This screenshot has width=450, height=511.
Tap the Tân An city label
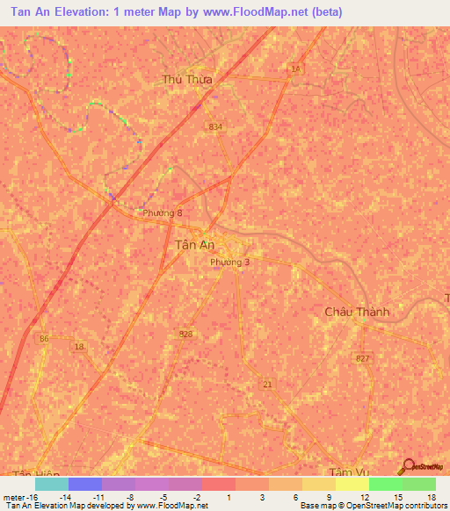point(190,247)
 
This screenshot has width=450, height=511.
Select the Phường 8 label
point(163,212)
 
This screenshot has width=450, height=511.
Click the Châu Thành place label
point(357,312)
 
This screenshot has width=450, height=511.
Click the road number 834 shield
point(216,127)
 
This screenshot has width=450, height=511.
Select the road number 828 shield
point(185,334)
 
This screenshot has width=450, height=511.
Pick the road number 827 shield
point(364,359)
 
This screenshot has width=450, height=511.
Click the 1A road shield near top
point(295,68)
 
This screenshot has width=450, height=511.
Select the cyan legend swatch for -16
point(51,484)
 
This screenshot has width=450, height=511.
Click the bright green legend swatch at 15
point(385,484)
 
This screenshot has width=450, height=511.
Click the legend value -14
point(64,496)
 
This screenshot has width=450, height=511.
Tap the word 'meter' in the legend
point(15,496)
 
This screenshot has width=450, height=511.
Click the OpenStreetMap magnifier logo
point(407,469)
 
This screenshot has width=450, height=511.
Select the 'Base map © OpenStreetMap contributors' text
point(373,506)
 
